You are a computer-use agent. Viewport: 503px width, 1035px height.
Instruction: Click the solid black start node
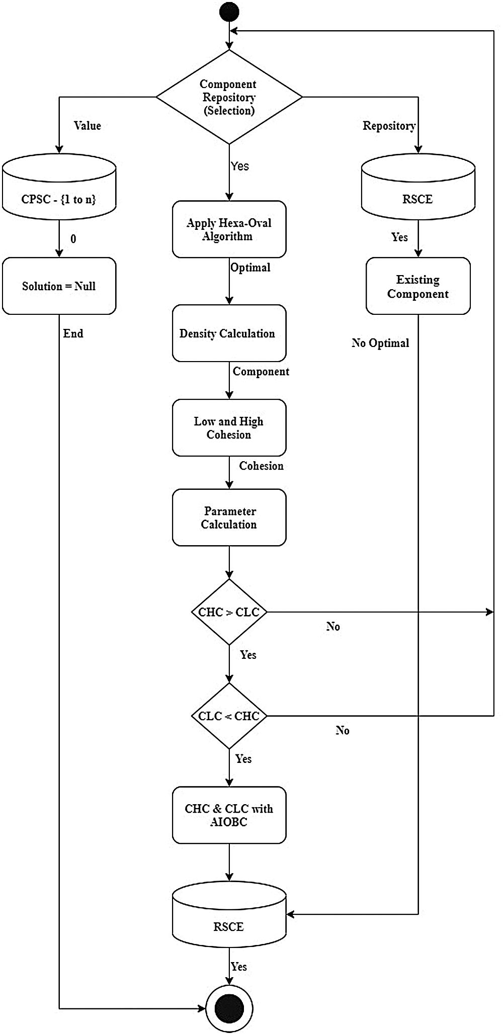click(229, 12)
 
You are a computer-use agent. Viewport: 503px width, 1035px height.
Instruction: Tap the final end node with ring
click(229, 1008)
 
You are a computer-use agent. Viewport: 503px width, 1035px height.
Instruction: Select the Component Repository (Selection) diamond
click(229, 97)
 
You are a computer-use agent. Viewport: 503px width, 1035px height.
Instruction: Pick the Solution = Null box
click(59, 286)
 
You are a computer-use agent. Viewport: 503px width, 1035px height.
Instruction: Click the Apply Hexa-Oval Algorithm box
click(229, 229)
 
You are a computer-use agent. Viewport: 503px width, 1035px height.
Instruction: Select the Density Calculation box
click(229, 333)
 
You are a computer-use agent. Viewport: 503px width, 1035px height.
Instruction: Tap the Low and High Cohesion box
click(229, 427)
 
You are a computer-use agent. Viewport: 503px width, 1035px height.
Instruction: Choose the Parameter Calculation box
click(229, 517)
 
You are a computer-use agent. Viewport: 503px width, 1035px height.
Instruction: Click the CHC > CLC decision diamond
click(229, 612)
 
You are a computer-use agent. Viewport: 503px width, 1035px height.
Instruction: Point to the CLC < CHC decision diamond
click(229, 716)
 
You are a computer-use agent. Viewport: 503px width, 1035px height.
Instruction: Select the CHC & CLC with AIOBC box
click(229, 815)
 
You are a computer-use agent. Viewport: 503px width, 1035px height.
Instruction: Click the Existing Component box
click(418, 286)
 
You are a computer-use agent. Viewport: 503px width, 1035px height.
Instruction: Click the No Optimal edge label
click(380, 343)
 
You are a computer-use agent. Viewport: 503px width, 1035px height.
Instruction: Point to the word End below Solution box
click(73, 333)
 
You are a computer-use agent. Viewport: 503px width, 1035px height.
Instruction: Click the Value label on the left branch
click(88, 126)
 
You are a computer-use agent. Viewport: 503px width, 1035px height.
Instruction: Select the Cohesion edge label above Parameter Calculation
click(261, 466)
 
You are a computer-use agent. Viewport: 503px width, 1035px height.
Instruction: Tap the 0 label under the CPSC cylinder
click(73, 239)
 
